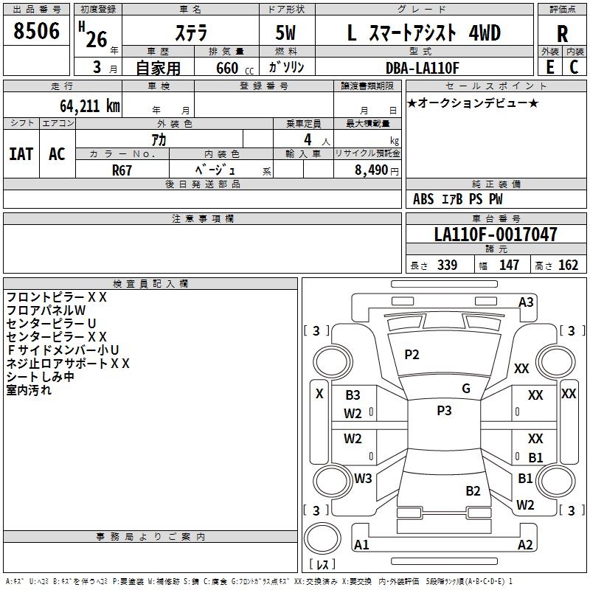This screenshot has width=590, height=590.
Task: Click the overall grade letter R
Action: click(x=562, y=34)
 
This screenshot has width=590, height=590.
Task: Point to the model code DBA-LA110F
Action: click(x=423, y=68)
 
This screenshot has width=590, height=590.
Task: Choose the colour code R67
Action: click(x=122, y=170)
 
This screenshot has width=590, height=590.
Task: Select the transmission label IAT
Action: click(x=21, y=154)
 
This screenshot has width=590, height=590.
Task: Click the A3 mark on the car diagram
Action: click(x=526, y=302)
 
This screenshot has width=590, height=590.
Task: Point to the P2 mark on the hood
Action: click(x=412, y=355)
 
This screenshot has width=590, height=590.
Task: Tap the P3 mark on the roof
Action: click(x=444, y=411)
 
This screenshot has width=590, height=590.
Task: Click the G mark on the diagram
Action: click(x=466, y=389)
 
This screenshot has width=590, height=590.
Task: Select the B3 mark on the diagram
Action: click(x=353, y=395)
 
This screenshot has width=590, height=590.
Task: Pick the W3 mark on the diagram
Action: click(x=363, y=478)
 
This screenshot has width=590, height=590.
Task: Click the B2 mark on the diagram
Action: click(x=473, y=490)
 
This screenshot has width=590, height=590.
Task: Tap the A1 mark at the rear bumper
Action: click(x=362, y=545)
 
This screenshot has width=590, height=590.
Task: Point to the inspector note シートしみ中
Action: click(x=40, y=377)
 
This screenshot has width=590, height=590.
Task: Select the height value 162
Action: click(x=568, y=265)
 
